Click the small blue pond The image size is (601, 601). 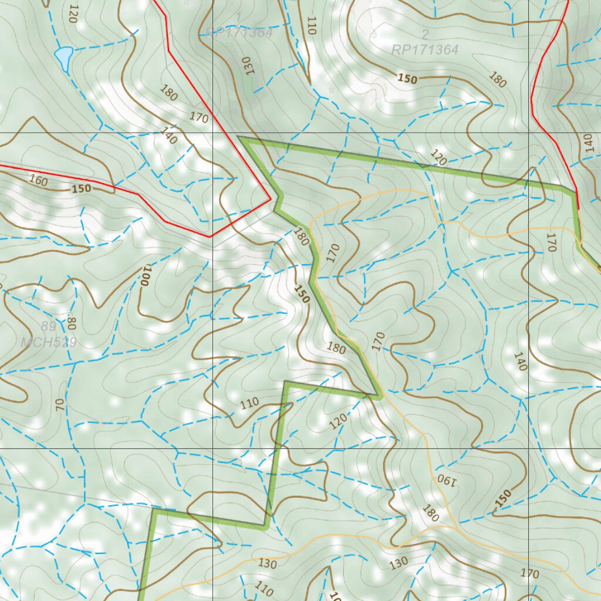coord(63,56)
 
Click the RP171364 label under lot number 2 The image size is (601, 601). coord(424,50)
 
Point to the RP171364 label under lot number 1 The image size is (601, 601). coord(239,33)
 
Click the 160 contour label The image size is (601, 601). coord(38,181)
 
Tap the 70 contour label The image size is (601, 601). coord(60,404)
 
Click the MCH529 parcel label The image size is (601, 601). coord(49,342)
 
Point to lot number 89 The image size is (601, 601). coord(49,326)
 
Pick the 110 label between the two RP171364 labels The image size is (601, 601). coord(311,25)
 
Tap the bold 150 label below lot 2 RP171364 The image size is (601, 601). coord(407,79)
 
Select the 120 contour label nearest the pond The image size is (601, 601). coord(73,13)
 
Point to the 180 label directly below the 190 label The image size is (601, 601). coord(430,514)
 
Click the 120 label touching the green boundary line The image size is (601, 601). coord(438,157)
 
